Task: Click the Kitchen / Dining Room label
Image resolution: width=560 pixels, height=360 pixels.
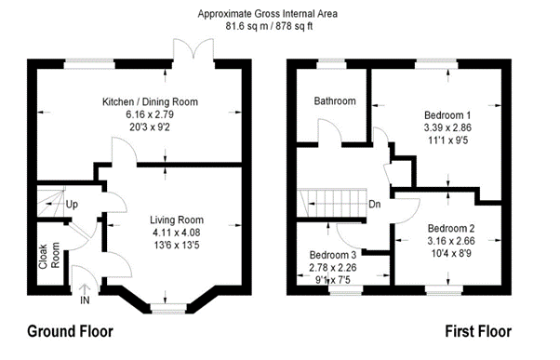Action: pyautogui.click(x=150, y=101)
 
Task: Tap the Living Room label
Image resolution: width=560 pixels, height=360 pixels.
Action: pyautogui.click(x=177, y=220)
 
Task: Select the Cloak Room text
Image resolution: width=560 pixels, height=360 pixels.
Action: pyautogui.click(x=49, y=256)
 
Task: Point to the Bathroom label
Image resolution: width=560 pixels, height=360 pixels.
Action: pyautogui.click(x=335, y=101)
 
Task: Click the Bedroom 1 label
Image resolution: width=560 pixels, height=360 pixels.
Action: pyautogui.click(x=447, y=115)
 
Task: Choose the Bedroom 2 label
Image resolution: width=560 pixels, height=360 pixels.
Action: pyautogui.click(x=451, y=228)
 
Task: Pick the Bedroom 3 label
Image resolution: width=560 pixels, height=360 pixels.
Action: pyautogui.click(x=333, y=255)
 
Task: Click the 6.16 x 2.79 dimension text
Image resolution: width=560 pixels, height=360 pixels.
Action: pyautogui.click(x=150, y=114)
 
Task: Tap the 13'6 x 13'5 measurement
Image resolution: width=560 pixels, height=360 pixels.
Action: pyautogui.click(x=177, y=245)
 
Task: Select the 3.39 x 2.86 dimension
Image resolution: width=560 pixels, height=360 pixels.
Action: pyautogui.click(x=447, y=127)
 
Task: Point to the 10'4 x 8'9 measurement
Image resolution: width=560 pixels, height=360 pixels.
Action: pyautogui.click(x=451, y=253)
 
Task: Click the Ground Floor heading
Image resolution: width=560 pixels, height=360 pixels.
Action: pyautogui.click(x=70, y=331)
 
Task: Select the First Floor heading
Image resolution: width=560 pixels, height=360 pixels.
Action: pyautogui.click(x=478, y=331)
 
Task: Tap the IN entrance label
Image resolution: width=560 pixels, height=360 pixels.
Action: pyautogui.click(x=85, y=300)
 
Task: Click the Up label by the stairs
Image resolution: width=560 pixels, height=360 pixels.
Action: pyautogui.click(x=72, y=205)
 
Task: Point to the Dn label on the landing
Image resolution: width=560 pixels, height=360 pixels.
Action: pyautogui.click(x=375, y=205)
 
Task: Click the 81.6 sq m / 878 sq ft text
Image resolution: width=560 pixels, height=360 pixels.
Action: pyautogui.click(x=269, y=26)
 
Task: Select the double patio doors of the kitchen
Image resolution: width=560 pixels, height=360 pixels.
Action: pyautogui.click(x=193, y=50)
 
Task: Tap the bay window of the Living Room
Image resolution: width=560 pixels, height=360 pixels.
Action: pyautogui.click(x=168, y=308)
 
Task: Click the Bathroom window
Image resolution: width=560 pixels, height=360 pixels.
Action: pyautogui.click(x=332, y=63)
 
